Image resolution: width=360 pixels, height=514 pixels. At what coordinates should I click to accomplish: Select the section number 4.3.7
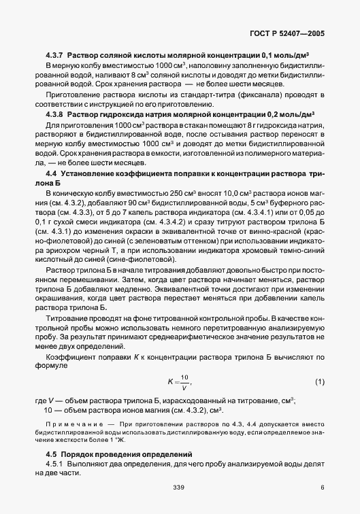point(55,54)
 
